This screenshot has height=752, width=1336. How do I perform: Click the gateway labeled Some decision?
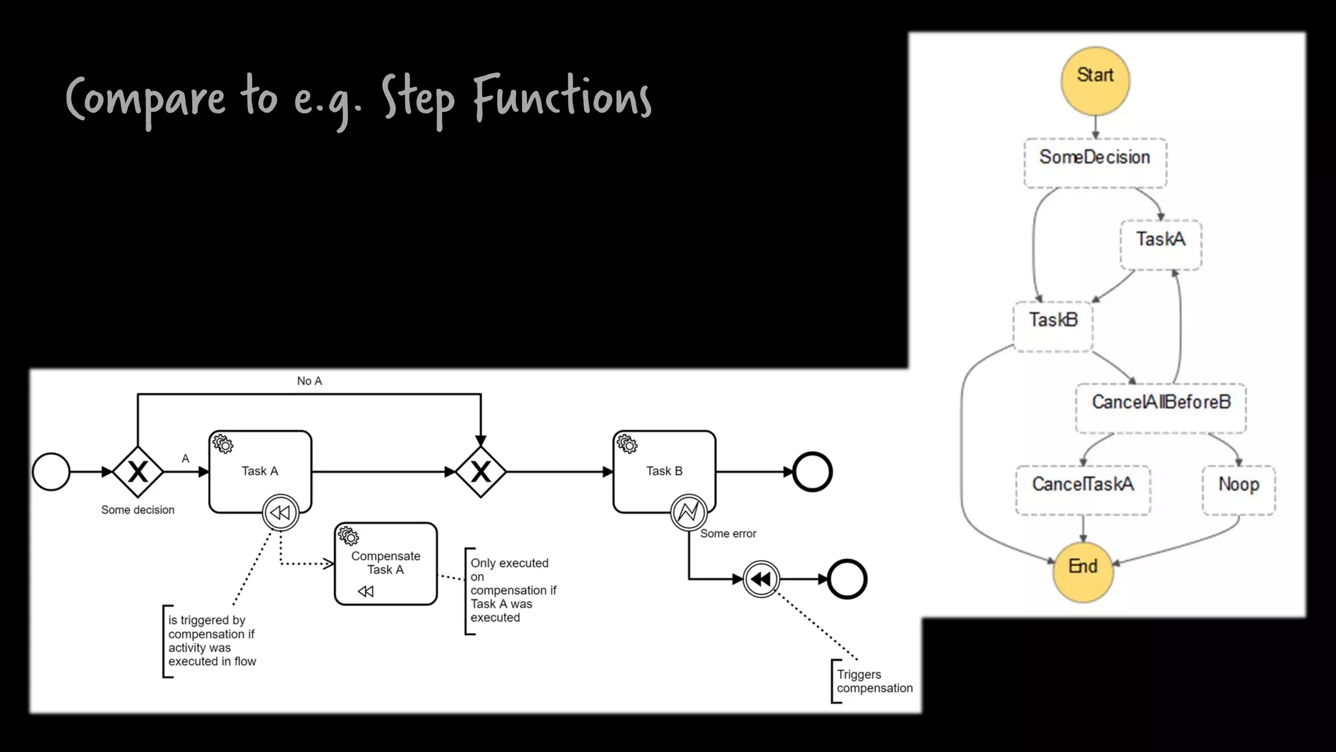pyautogui.click(x=138, y=471)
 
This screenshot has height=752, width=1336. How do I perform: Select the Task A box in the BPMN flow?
pyautogui.click(x=260, y=471)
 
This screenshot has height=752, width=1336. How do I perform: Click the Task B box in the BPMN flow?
pyautogui.click(x=664, y=471)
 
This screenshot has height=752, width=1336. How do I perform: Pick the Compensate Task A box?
pyautogui.click(x=386, y=563)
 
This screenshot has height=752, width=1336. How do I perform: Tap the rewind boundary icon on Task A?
pyautogui.click(x=281, y=512)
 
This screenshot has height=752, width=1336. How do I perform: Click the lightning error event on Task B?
pyautogui.click(x=689, y=512)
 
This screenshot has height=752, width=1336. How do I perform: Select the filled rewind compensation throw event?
pyautogui.click(x=761, y=578)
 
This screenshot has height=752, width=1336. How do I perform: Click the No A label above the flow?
pyautogui.click(x=309, y=381)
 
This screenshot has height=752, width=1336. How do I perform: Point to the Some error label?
pyautogui.click(x=728, y=533)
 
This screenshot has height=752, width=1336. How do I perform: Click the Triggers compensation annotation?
pyautogui.click(x=874, y=681)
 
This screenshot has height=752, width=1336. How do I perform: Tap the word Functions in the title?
pyautogui.click(x=562, y=97)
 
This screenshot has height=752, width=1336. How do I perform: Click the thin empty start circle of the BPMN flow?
pyautogui.click(x=51, y=471)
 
